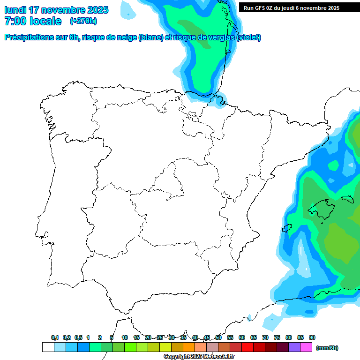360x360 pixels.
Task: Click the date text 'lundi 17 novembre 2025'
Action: click(56, 10)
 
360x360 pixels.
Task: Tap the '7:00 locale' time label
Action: click(33, 21)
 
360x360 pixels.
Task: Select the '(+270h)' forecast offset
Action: click(83, 21)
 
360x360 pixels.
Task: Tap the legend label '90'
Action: click(312, 337)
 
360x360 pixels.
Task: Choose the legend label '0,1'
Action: click(55, 337)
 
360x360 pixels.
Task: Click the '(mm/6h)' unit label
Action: click(327, 348)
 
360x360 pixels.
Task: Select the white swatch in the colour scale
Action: click(48, 347)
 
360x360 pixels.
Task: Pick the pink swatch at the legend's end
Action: click(306, 347)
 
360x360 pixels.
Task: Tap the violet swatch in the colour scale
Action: click(294, 347)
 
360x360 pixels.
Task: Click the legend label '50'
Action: click(218, 337)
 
